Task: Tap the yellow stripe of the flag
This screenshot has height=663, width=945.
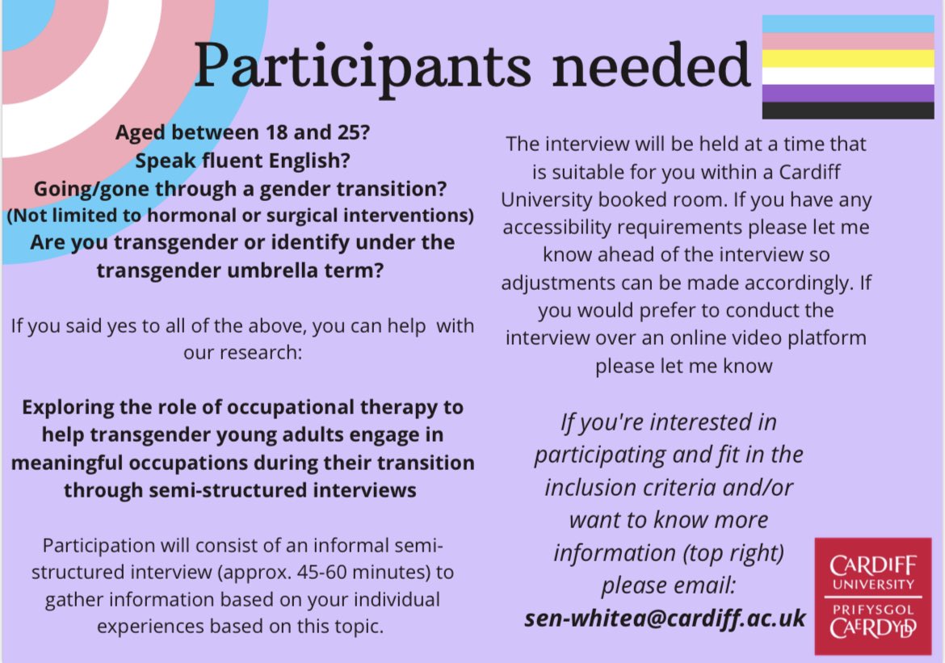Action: coord(848,58)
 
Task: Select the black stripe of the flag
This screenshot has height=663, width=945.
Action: coord(848,111)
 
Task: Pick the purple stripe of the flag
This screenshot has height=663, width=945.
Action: coord(848,93)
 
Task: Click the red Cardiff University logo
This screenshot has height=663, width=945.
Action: coord(872,596)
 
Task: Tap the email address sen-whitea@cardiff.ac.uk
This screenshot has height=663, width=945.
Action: coord(665,618)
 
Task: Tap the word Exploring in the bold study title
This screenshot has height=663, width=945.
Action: coord(69,406)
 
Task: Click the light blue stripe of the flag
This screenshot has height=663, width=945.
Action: coord(848,23)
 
